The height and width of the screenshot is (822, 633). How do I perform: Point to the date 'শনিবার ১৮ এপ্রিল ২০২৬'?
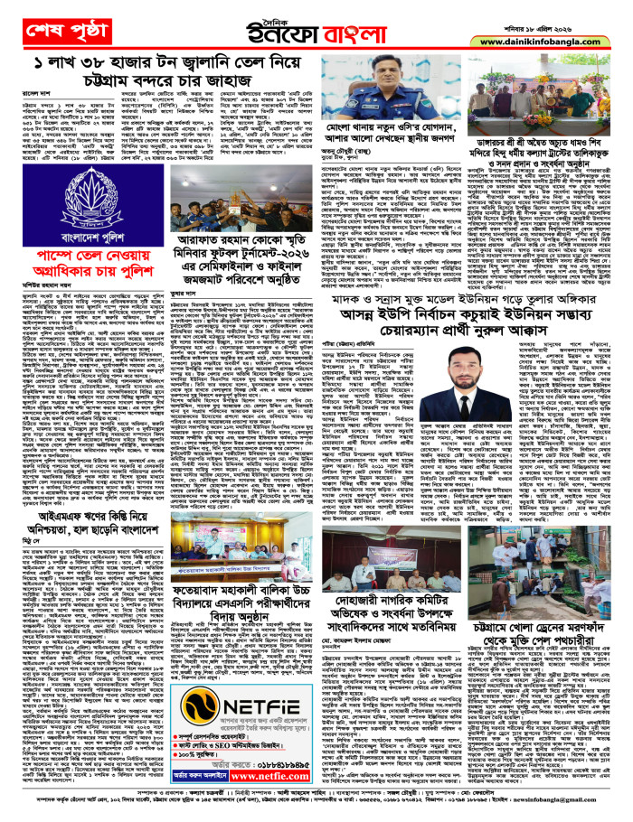[583, 12]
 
